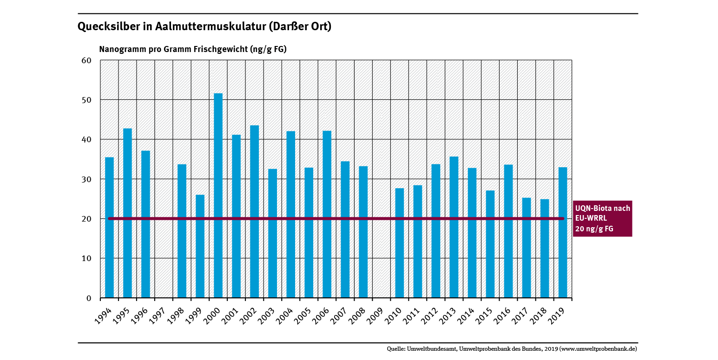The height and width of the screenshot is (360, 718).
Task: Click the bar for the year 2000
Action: (218, 195)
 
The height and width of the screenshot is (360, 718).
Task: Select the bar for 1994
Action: (109, 227)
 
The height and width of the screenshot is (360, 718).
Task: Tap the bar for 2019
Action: (562, 232)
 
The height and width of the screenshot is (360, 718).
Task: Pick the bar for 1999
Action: (200, 246)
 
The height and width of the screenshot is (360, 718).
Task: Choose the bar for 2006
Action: (327, 214)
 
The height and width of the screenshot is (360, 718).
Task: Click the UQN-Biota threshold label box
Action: (602, 218)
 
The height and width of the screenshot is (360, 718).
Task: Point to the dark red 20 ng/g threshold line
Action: (325, 218)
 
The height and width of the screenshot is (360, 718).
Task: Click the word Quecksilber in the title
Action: (109, 27)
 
